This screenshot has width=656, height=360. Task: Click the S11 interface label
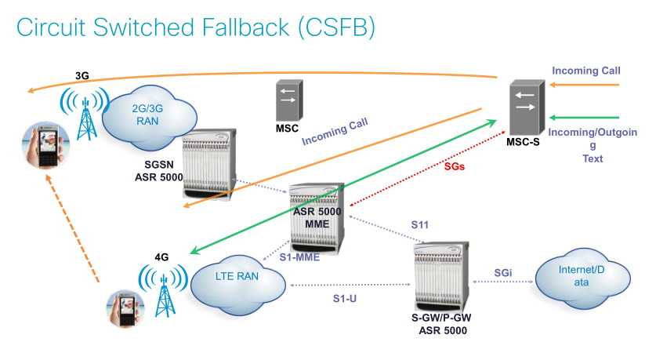[422, 224]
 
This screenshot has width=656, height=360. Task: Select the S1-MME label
[301, 256]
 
